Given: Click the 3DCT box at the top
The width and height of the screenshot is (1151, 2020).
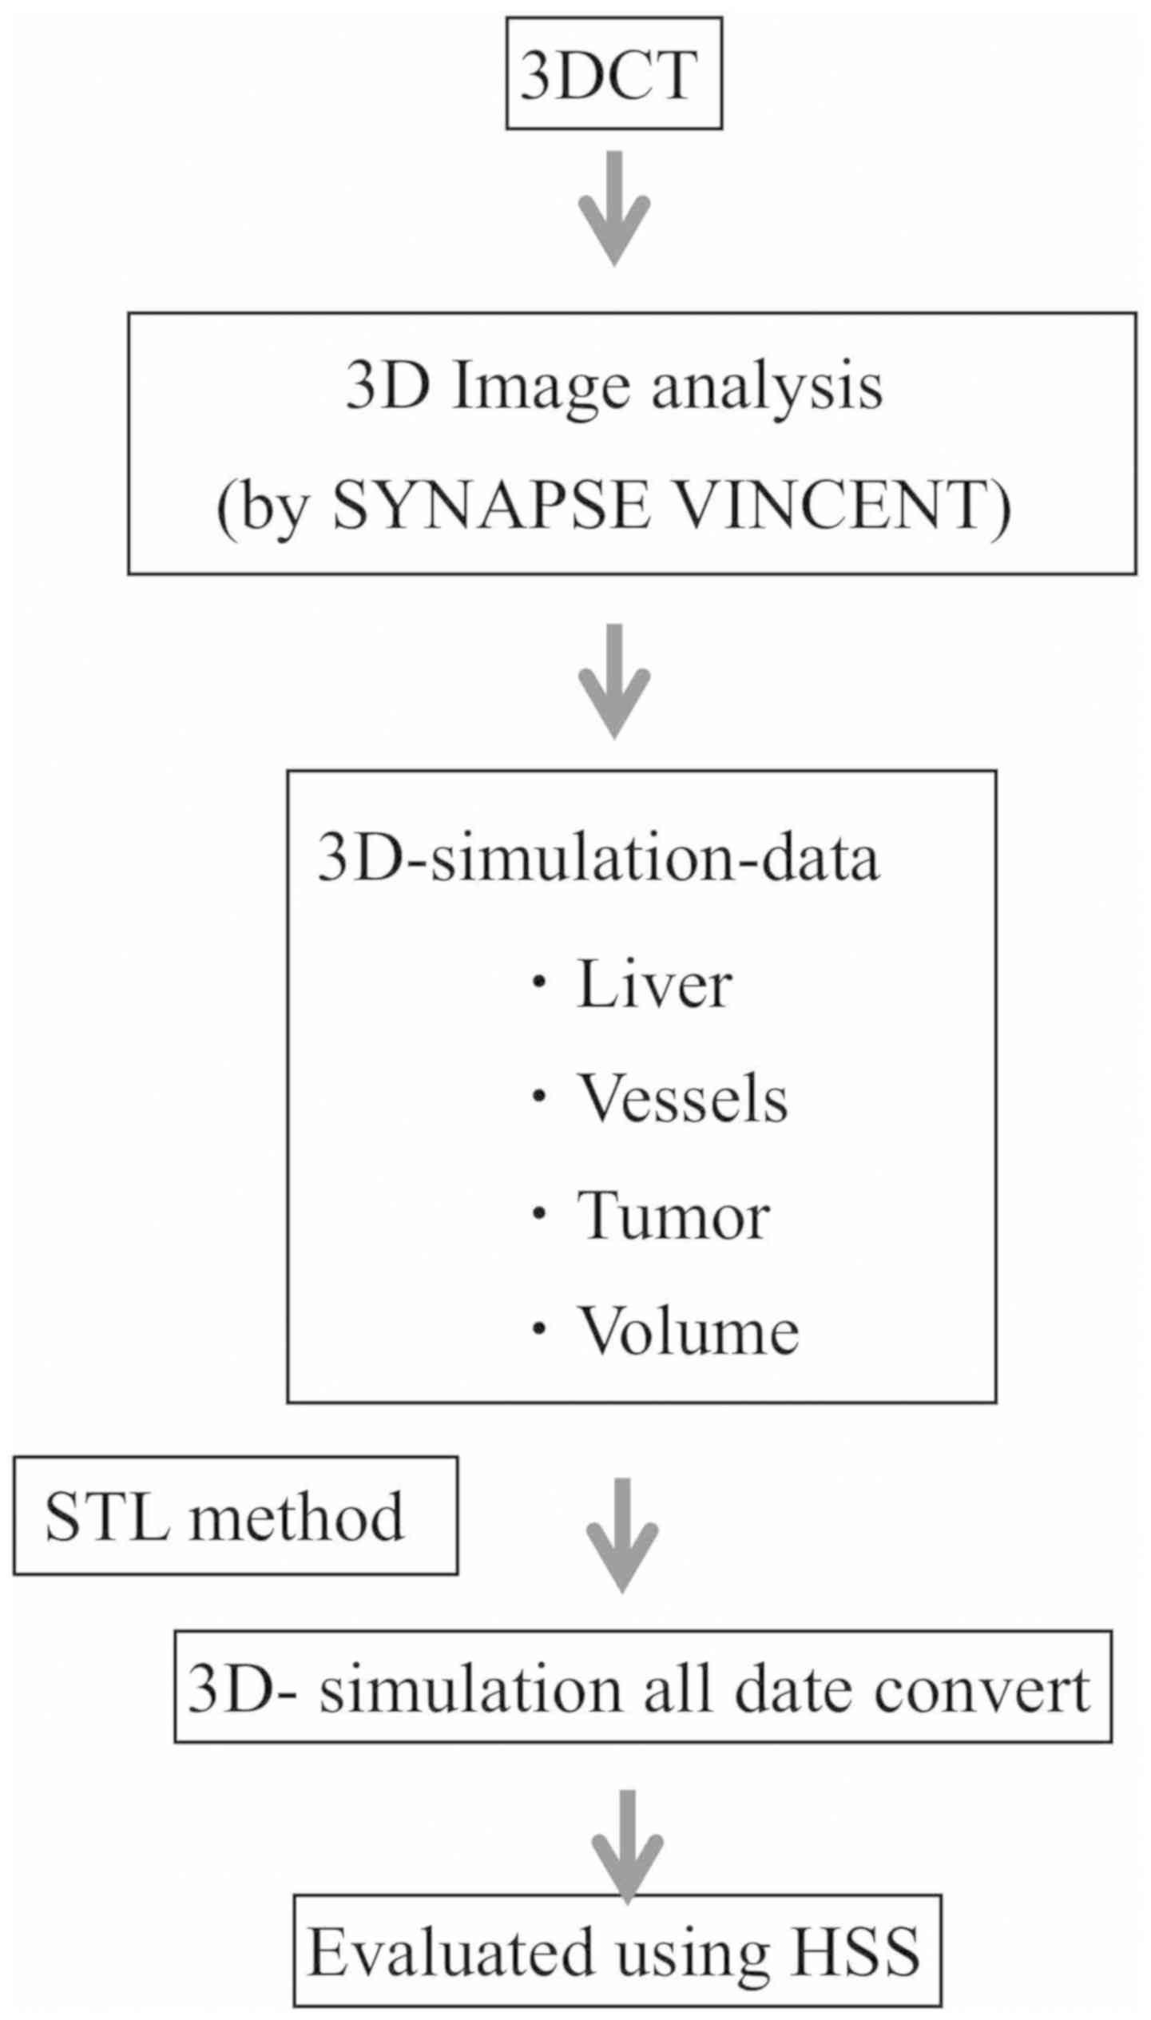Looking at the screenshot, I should [613, 74].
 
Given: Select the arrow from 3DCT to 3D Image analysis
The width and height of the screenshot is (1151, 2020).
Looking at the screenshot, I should [613, 208].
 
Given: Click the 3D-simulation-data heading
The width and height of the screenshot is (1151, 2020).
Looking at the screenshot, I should [598, 859].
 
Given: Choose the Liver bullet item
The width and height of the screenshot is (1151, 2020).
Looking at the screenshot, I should [653, 985].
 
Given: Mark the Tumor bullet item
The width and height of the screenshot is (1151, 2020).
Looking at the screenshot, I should [673, 1215].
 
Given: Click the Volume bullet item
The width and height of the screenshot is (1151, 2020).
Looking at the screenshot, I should [688, 1331].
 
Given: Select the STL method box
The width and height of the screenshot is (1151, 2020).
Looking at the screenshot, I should [236, 1516].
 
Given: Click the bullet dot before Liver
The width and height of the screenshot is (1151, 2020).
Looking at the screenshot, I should [540, 984].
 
